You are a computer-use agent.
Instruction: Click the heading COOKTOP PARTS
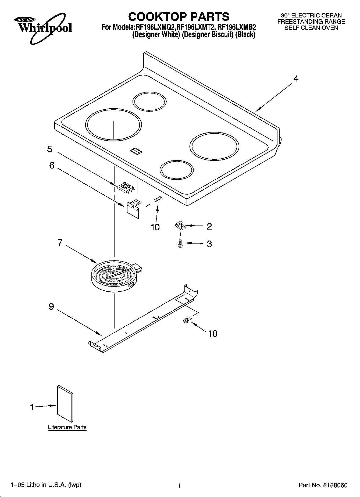pyautogui.click(x=179, y=17)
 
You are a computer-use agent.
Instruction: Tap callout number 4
pyautogui.click(x=295, y=79)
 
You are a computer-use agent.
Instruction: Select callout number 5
pyautogui.click(x=50, y=149)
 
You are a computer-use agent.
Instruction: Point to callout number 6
pyautogui.click(x=52, y=165)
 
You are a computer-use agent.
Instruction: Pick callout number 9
pyautogui.click(x=51, y=306)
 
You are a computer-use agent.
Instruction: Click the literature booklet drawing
pyautogui.click(x=65, y=404)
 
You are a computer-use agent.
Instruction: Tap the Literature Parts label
pyautogui.click(x=67, y=427)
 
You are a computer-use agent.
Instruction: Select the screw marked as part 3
pyautogui.click(x=180, y=243)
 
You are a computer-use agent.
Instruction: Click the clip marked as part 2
pyautogui.click(x=180, y=226)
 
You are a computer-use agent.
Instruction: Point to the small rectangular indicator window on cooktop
pyautogui.click(x=137, y=151)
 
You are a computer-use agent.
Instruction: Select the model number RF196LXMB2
pyautogui.click(x=237, y=27)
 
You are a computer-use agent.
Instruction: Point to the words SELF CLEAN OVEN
pyautogui.click(x=311, y=28)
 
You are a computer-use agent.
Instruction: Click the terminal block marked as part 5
pyautogui.click(x=125, y=187)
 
